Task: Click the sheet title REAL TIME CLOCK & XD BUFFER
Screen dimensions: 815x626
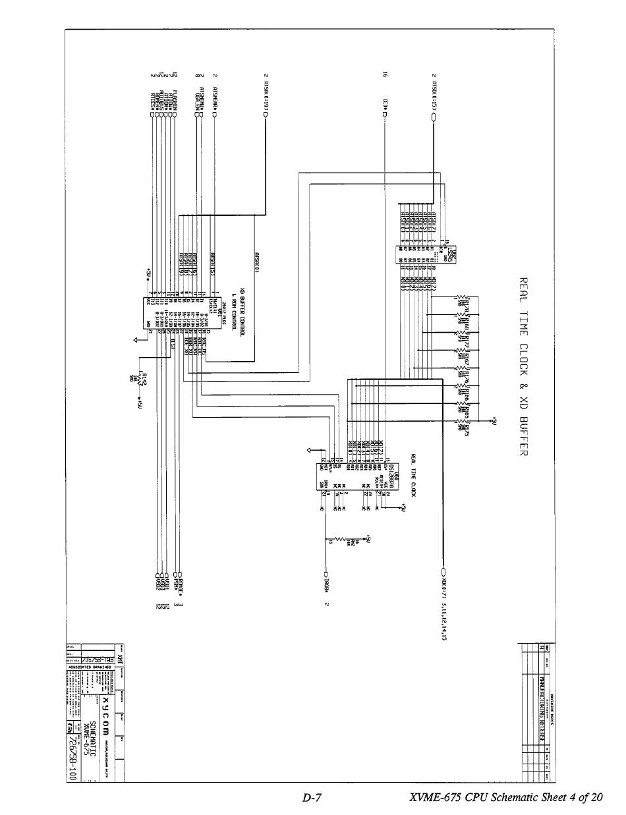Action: [x=525, y=366]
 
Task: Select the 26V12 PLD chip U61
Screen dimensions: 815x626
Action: [x=161, y=310]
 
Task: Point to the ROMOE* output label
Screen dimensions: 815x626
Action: [x=179, y=584]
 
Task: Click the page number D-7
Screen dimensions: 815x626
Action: [x=312, y=798]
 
